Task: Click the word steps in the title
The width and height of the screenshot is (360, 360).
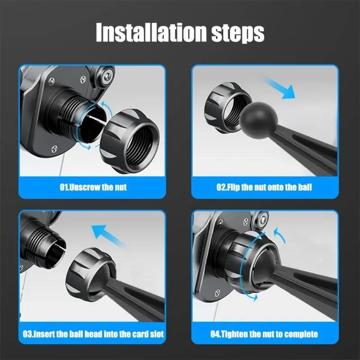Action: [238, 32]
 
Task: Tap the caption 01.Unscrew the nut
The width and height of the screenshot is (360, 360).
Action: [93, 187]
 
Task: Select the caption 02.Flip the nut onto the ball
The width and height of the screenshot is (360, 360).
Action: [265, 187]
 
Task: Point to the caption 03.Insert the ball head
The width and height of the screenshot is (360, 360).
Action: [93, 334]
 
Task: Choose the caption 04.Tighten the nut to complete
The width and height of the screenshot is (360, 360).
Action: [265, 334]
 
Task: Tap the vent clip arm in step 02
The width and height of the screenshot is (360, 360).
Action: [306, 148]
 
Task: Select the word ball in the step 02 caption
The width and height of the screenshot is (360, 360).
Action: [304, 187]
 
